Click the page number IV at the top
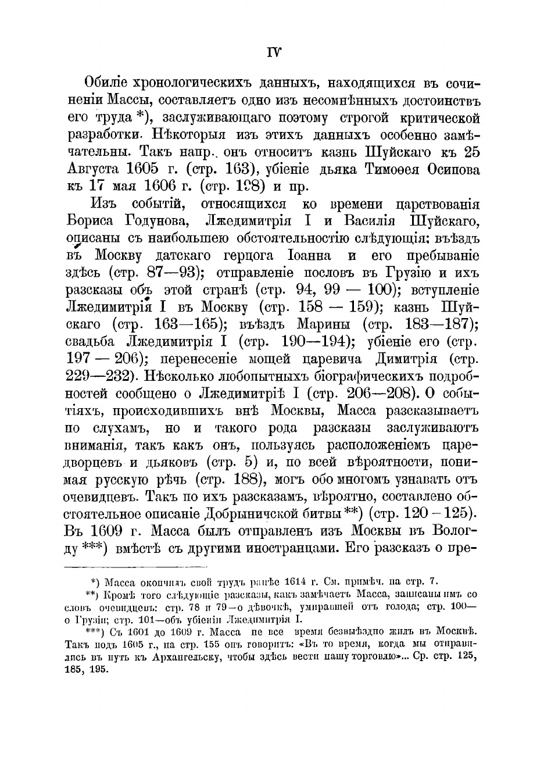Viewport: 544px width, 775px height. tap(274, 52)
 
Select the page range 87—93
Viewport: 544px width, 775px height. tap(174, 273)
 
